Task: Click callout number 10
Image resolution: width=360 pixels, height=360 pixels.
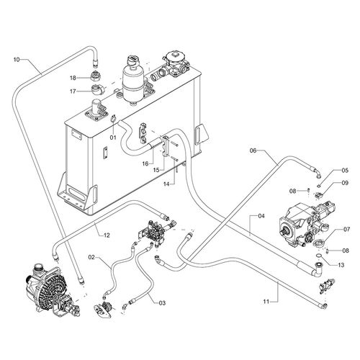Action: click(17, 60)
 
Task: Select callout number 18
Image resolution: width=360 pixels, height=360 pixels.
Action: click(73, 78)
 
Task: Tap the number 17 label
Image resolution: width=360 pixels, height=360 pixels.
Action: click(73, 91)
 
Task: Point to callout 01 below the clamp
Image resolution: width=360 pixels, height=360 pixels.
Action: click(113, 138)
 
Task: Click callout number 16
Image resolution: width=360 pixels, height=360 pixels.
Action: click(145, 163)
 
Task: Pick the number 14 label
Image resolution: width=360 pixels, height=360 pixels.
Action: click(166, 184)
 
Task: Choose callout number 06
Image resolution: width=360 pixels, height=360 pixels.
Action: click(253, 150)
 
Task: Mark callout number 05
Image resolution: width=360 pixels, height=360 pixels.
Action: click(345, 171)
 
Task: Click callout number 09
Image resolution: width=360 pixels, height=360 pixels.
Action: click(345, 183)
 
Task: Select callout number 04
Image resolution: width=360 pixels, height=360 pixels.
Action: click(261, 216)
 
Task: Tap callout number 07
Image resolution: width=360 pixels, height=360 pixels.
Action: click(347, 230)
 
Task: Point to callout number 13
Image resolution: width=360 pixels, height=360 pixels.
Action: click(341, 265)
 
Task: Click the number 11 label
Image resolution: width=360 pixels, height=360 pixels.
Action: click(266, 302)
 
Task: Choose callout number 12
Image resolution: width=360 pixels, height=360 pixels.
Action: click(107, 235)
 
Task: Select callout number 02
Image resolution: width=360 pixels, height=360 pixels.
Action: click(91, 257)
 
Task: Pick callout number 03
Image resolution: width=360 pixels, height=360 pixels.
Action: click(162, 303)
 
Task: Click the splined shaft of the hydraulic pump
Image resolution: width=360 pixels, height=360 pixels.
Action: click(284, 233)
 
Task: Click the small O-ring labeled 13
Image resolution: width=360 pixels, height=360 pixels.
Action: click(318, 256)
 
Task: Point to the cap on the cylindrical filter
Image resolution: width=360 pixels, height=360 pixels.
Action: click(132, 60)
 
